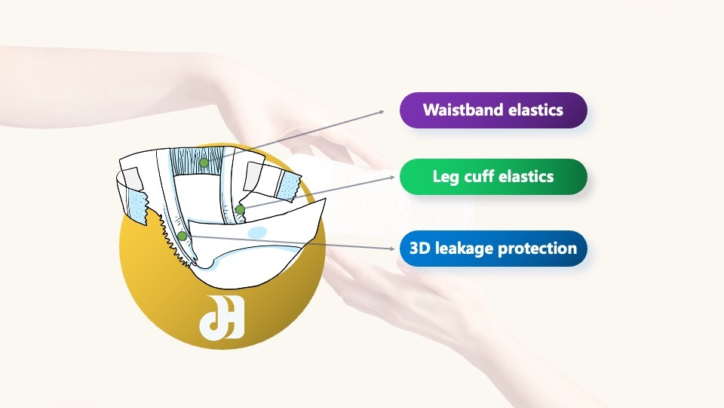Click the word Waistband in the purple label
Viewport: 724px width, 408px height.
(463, 110)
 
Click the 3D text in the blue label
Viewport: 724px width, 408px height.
(420, 249)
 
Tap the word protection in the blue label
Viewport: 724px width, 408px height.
(538, 249)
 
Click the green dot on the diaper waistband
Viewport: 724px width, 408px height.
(204, 163)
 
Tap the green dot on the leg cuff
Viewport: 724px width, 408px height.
(240, 209)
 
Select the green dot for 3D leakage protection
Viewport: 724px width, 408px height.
(183, 236)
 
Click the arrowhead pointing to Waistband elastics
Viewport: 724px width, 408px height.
(382, 112)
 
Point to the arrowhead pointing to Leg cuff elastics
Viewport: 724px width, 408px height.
(392, 177)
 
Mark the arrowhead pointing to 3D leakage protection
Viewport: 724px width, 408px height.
(392, 249)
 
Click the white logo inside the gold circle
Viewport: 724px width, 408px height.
(222, 317)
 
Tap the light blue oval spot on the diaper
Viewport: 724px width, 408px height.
(257, 232)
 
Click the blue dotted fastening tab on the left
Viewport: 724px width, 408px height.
(137, 206)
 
